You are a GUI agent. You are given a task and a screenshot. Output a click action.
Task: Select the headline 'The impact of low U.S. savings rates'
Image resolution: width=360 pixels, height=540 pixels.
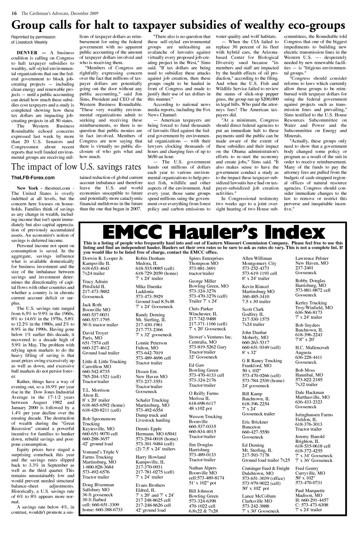(x=76, y=167)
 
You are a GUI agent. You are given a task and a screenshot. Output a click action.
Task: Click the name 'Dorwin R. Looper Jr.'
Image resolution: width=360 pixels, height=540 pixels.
(x=103, y=258)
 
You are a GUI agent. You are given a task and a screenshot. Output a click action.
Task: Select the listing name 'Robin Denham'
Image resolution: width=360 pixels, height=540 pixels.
(x=150, y=258)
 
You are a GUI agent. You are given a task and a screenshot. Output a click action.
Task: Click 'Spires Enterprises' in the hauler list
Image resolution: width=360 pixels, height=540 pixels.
(x=206, y=258)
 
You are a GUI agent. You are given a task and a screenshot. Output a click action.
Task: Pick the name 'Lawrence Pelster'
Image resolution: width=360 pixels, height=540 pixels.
(x=312, y=258)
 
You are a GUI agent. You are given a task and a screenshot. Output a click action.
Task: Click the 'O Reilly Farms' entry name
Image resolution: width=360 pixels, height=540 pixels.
(x=204, y=393)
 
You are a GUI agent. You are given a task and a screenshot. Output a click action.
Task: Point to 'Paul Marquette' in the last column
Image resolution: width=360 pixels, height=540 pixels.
(x=310, y=491)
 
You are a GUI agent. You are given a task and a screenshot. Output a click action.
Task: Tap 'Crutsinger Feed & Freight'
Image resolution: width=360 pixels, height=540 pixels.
(x=266, y=468)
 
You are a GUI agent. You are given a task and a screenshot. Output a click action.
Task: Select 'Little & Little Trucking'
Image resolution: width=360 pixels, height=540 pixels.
(x=104, y=361)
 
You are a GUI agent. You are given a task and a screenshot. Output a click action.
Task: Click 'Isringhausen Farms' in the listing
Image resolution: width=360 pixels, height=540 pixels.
(x=314, y=415)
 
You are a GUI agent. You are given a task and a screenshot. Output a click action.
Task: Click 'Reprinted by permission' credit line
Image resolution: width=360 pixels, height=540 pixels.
(x=33, y=37)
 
